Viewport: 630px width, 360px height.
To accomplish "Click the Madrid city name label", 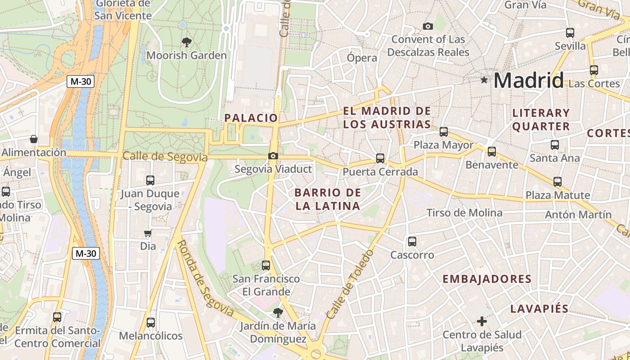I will (528, 81).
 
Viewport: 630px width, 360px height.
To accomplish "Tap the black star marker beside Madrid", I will (484, 80).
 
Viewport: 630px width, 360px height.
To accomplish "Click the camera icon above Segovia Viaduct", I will (273, 156).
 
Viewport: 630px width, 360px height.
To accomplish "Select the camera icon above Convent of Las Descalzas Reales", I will (428, 26).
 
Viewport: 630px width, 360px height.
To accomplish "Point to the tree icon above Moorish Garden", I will (186, 42).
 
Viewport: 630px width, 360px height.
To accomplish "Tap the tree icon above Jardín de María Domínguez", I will (278, 312).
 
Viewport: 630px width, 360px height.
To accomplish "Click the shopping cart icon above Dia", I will (148, 233).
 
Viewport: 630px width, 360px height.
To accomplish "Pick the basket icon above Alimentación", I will (33, 139).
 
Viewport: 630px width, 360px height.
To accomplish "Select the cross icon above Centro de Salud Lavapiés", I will (482, 321).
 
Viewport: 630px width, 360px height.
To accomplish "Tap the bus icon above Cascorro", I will (412, 242).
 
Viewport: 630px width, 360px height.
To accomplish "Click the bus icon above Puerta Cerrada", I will (380, 158).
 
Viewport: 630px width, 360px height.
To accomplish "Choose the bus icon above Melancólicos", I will (150, 323).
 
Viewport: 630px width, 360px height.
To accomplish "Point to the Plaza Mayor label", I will (443, 145).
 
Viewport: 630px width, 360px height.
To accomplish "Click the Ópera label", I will (362, 58).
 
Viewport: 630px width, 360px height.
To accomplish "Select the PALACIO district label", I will (251, 118).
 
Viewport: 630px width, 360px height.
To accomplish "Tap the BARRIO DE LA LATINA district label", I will (328, 199).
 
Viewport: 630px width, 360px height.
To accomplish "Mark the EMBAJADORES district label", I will (487, 279).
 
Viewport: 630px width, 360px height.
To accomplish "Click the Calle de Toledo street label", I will (350, 284).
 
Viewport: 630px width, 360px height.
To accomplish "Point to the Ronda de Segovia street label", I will (205, 278).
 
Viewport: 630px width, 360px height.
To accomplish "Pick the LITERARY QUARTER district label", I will (541, 120).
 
